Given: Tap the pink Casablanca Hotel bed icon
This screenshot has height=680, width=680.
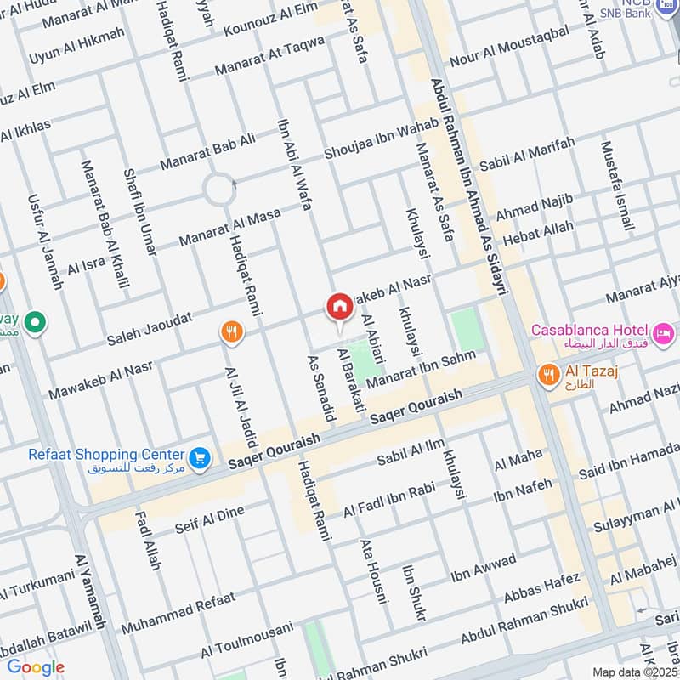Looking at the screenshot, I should (664, 330).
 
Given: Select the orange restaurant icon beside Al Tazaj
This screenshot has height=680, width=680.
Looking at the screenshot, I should (548, 372).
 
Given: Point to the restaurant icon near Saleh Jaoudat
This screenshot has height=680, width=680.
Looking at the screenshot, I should (230, 332).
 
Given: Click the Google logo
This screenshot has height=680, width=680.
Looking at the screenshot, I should (35, 667).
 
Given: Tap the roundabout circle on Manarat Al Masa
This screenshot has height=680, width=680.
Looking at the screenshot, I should (219, 189).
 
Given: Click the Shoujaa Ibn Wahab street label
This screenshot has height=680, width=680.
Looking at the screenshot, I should (382, 139).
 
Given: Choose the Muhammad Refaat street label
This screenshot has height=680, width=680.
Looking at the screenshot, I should (178, 613).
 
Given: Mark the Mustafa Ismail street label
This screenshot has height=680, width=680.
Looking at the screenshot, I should (617, 186).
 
